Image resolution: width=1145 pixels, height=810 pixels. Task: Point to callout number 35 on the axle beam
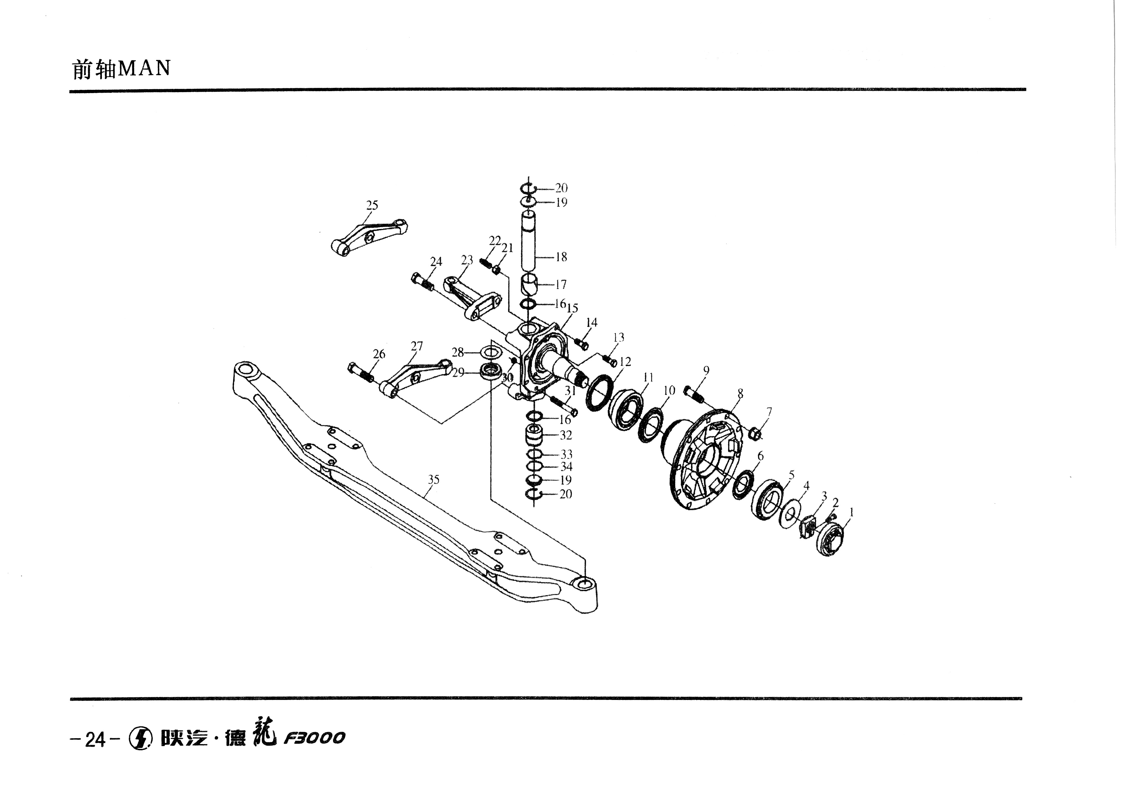click(434, 479)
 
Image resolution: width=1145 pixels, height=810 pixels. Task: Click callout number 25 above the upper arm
click(372, 205)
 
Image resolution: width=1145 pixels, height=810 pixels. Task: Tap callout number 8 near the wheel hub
click(740, 394)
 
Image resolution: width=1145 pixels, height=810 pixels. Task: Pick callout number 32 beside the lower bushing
click(565, 435)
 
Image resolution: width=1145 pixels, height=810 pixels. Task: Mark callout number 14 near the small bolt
click(592, 323)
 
